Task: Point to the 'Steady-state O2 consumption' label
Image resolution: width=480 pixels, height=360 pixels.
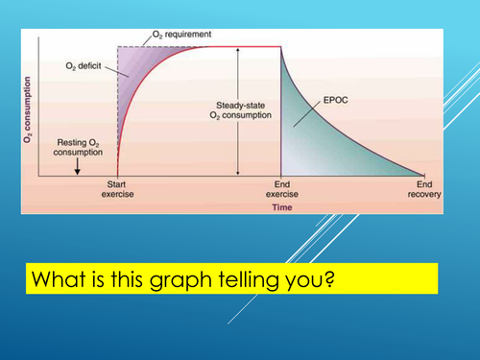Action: (240, 112)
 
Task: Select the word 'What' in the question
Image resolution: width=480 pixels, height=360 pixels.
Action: (57, 279)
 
